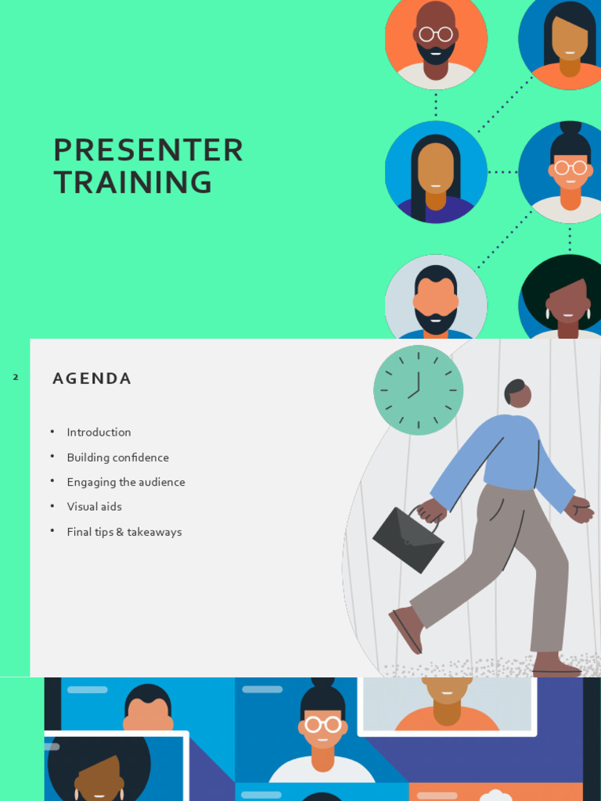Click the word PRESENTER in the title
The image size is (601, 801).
click(x=148, y=150)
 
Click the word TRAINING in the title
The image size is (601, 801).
click(x=132, y=182)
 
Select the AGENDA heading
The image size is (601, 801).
click(x=92, y=379)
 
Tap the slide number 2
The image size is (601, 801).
click(x=15, y=378)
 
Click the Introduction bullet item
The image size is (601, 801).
click(x=99, y=433)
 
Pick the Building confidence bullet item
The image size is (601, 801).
click(x=117, y=458)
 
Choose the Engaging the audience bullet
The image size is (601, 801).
click(x=126, y=483)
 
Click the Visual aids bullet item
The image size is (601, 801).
click(x=94, y=507)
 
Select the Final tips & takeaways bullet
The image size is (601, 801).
click(x=124, y=532)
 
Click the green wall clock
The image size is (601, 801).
click(x=418, y=390)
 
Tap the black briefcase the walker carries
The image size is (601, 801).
click(x=408, y=539)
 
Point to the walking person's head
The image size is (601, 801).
click(x=517, y=393)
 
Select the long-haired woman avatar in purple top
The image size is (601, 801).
click(x=436, y=172)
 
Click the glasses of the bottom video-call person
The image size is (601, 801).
click(x=323, y=724)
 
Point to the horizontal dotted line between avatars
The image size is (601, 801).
click(x=502, y=172)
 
